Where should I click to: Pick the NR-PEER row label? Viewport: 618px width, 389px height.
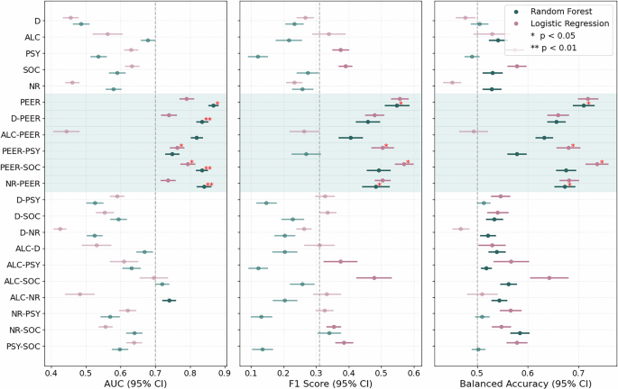[x=23, y=183]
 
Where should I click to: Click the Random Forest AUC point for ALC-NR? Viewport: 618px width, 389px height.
[x=169, y=300]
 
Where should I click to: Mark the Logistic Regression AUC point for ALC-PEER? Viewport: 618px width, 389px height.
[x=66, y=131]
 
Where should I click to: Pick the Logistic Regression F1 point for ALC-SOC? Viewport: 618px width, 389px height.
[x=374, y=277]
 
